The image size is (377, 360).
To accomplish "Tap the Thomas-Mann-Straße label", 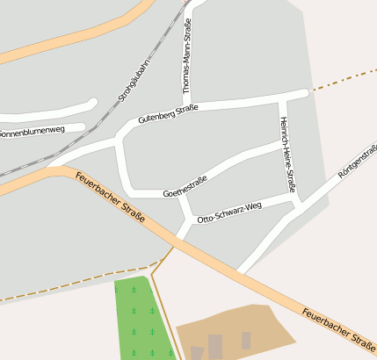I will click(186, 57).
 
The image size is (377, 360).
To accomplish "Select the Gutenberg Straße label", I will click(168, 114).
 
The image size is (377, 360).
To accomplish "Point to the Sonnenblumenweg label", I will click(32, 132).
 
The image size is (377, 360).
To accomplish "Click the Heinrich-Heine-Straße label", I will click(287, 155).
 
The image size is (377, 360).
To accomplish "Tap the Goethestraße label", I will click(185, 186).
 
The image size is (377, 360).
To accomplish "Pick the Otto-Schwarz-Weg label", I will click(230, 212).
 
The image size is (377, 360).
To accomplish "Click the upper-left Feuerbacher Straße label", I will click(110, 197).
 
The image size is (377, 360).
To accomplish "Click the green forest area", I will click(135, 320).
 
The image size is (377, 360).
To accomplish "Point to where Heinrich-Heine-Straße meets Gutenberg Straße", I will click(281, 97).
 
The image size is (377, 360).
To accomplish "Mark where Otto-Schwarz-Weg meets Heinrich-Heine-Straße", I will click(297, 201).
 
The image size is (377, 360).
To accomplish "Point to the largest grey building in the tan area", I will click(214, 346).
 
